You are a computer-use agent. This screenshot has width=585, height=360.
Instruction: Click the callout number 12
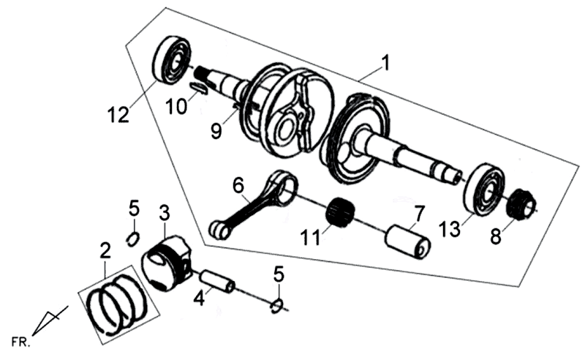pyautogui.click(x=118, y=114)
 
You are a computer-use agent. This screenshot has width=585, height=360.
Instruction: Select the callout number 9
pyautogui.click(x=216, y=131)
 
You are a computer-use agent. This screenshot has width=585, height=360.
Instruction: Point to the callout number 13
pyautogui.click(x=450, y=228)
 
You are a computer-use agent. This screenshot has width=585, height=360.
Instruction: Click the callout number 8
pyautogui.click(x=496, y=236)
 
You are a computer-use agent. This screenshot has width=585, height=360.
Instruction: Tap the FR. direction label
pyautogui.click(x=20, y=342)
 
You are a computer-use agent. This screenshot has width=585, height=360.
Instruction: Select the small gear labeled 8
pyautogui.click(x=522, y=204)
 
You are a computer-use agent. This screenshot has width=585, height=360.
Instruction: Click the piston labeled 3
pyautogui.click(x=167, y=263)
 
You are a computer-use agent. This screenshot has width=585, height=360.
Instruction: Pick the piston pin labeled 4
pyautogui.click(x=218, y=282)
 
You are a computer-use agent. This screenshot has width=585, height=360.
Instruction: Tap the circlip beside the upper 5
pyautogui.click(x=133, y=239)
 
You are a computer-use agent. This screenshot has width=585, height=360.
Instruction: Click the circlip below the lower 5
pyautogui.click(x=277, y=305)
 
